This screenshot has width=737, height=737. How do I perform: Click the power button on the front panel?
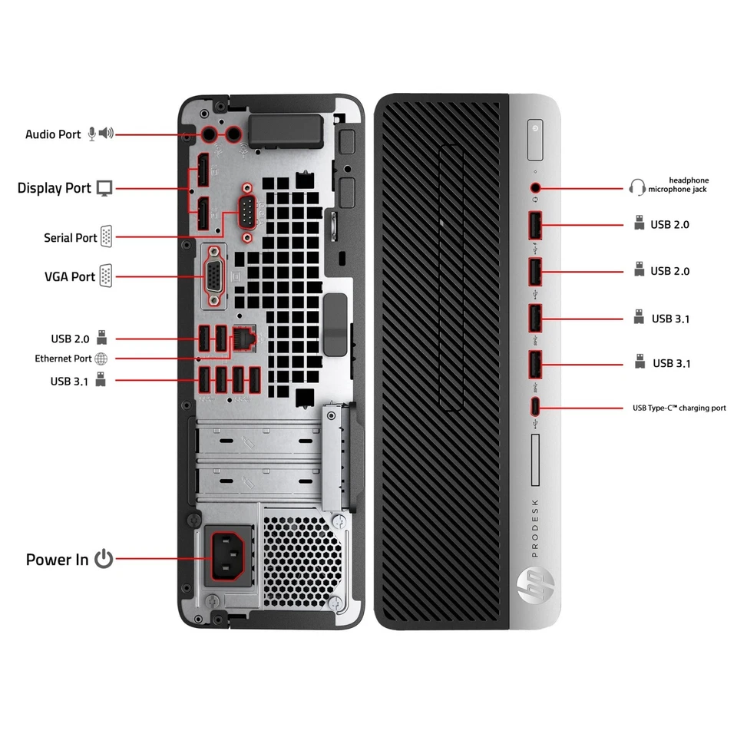click(535, 129)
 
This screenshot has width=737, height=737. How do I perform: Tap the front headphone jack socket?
click(535, 187)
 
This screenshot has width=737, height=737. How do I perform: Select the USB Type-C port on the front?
click(535, 407)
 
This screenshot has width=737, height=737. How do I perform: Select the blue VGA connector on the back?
click(214, 275)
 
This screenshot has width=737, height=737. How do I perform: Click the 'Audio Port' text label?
click(53, 134)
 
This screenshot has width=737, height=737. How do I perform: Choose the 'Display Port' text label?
click(55, 188)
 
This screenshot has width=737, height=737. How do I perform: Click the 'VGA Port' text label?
click(70, 276)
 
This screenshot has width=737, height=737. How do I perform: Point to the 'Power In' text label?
click(58, 560)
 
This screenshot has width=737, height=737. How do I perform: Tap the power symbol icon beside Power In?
click(104, 559)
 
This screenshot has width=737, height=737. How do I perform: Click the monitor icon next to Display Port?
click(104, 188)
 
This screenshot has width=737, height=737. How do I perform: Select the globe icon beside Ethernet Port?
click(101, 359)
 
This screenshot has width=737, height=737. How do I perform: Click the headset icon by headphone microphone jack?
click(636, 187)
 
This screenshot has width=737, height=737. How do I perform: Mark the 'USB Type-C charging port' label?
click(678, 408)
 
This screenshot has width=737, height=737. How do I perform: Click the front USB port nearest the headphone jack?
click(535, 225)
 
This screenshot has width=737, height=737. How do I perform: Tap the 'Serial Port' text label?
click(71, 238)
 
